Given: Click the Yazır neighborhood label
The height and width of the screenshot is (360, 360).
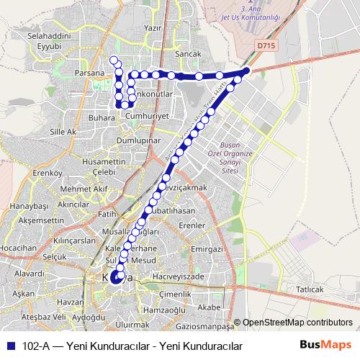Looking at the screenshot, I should click(x=152, y=27).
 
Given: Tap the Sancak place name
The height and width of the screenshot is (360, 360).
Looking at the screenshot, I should click(x=189, y=54).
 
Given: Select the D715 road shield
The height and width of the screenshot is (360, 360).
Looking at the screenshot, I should click(x=266, y=45).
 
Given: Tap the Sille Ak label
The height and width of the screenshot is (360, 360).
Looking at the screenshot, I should click(x=62, y=132).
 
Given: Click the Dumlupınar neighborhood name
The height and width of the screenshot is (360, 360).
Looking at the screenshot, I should click(x=138, y=141).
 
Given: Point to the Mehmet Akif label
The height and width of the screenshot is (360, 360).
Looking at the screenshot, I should click(x=84, y=189).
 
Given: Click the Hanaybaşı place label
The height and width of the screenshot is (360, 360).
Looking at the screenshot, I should click(x=28, y=206).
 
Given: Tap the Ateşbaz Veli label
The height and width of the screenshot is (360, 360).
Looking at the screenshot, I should click(x=44, y=317).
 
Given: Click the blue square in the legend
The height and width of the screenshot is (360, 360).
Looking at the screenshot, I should click(x=9, y=346).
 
